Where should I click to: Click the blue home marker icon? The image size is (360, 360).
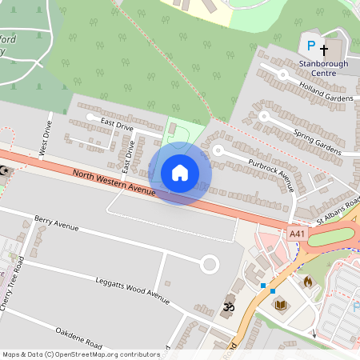(x=180, y=173)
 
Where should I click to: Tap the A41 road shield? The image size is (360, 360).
(x=298, y=233)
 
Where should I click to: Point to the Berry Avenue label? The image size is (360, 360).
(x=57, y=222)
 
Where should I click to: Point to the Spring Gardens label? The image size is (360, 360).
(x=318, y=142)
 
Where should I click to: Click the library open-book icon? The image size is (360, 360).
(x=281, y=305)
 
